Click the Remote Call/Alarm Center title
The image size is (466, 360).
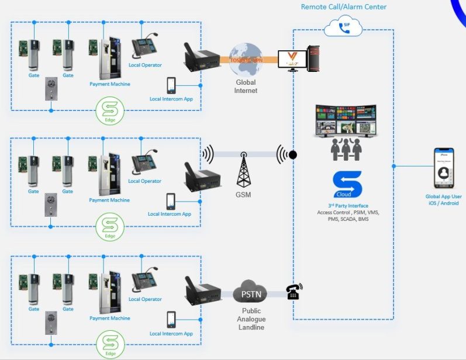(344, 7)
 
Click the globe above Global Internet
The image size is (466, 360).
(245, 59)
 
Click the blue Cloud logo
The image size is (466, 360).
(347, 184)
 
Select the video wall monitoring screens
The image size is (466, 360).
(346, 121)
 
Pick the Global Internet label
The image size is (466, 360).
(246, 86)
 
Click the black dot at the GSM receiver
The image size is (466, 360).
(293, 155)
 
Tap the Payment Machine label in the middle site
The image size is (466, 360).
(109, 200)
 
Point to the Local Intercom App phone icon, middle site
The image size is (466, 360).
(171, 202)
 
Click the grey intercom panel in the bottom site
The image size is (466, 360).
(51, 324)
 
